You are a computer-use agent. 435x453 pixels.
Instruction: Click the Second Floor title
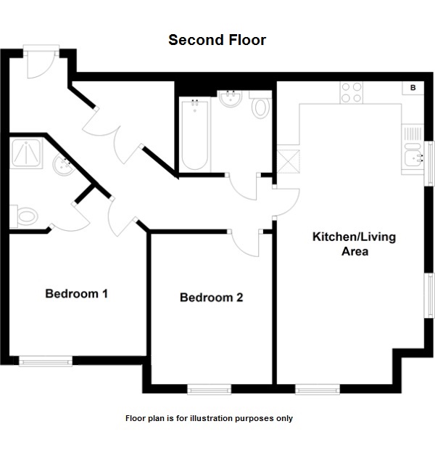point(217,40)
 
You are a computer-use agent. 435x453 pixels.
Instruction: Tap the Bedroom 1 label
point(76,293)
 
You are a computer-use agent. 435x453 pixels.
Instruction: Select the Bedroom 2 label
point(212,298)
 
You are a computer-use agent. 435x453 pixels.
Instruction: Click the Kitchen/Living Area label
point(355,244)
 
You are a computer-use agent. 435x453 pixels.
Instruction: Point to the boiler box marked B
point(413,88)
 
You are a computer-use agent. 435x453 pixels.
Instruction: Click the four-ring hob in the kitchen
point(352,92)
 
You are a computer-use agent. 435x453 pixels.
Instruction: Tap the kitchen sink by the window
point(413,158)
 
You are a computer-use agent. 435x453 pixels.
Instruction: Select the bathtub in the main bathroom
point(195,134)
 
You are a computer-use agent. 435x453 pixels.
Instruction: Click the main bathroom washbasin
point(231,99)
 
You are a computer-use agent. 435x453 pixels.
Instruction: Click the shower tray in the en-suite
point(26,153)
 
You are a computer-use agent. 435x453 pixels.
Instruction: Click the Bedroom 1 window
point(46,361)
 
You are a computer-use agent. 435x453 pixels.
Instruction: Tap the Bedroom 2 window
point(209,389)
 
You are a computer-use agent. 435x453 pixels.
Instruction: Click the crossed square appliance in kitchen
point(288,161)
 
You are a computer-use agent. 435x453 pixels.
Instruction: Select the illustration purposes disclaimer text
point(209,418)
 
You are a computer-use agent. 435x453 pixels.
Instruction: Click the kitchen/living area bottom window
point(318,389)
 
